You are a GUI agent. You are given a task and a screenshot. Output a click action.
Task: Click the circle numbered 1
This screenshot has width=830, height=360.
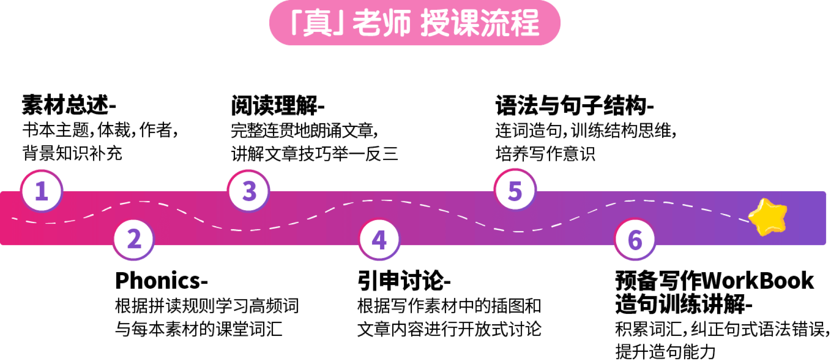click(41, 190)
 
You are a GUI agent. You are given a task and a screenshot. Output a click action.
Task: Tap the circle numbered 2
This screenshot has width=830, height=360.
click(134, 239)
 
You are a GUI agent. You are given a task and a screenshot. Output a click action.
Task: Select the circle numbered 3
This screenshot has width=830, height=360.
click(249, 190)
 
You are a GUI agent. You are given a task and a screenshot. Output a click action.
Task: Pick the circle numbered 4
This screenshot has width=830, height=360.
click(379, 239)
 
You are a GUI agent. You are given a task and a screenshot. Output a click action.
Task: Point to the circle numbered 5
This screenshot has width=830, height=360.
click(515, 190)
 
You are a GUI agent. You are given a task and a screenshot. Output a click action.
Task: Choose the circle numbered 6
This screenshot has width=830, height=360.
click(635, 239)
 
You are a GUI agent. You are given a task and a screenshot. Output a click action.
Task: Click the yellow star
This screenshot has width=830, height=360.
click(768, 217)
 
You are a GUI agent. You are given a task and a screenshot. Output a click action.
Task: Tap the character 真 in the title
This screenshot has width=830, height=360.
click(318, 24)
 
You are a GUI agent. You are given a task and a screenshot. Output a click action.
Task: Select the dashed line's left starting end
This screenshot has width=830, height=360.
click(13, 219)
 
